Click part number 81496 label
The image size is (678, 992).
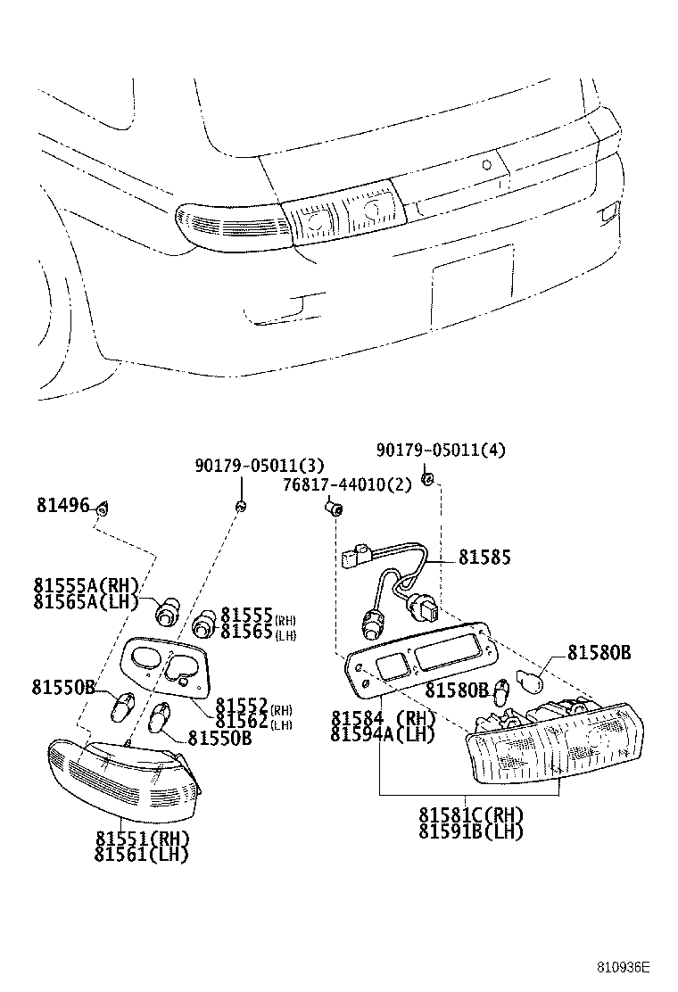pyautogui.click(x=62, y=506)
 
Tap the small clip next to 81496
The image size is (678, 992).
pyautogui.click(x=103, y=508)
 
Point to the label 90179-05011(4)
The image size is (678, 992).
pyautogui.click(x=440, y=450)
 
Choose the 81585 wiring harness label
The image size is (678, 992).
pyautogui.click(x=484, y=557)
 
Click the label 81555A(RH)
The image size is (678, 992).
pyautogui.click(x=87, y=585)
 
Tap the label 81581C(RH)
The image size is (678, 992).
pyautogui.click(x=471, y=815)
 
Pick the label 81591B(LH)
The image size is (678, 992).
pyautogui.click(x=471, y=831)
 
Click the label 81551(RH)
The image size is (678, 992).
pyautogui.click(x=143, y=839)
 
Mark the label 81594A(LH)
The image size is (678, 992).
pyautogui.click(x=382, y=734)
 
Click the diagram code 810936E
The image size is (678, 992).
pyautogui.click(x=624, y=967)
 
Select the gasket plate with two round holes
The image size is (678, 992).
pyautogui.click(x=167, y=665)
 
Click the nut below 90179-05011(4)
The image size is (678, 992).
pyautogui.click(x=427, y=480)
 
